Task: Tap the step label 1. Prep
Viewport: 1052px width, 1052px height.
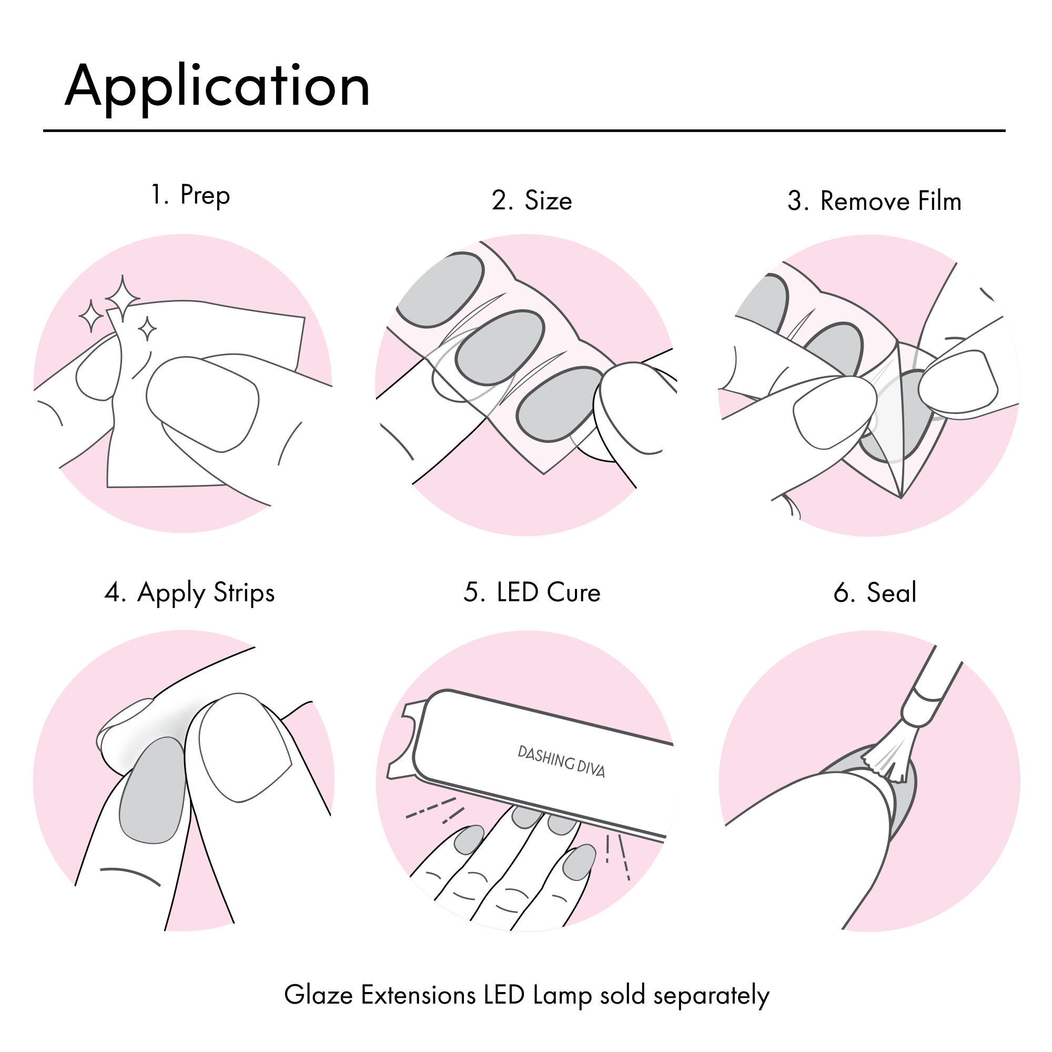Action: (190, 195)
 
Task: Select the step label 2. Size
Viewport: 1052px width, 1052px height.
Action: (531, 200)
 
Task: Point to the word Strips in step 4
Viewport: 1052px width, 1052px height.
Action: (244, 592)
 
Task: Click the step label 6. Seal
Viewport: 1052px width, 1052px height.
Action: (875, 592)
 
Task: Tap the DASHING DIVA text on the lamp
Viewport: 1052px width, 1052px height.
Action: (561, 761)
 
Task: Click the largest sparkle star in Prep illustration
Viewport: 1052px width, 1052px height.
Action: (123, 297)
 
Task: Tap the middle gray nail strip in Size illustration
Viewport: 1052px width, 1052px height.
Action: (499, 349)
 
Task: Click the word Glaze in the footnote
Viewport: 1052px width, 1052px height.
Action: (318, 995)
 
